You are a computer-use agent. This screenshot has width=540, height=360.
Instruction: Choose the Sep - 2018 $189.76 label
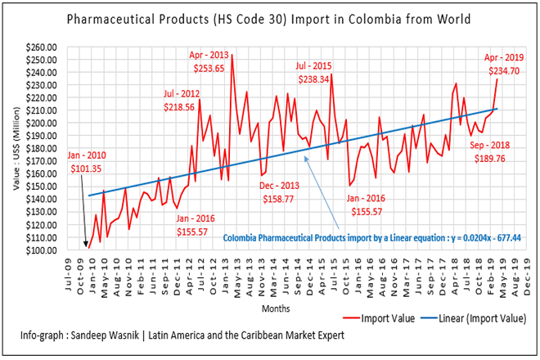tap(489, 152)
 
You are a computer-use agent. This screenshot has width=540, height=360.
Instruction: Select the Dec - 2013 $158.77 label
tap(282, 192)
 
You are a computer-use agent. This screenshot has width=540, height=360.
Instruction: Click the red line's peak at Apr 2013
tap(232, 54)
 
